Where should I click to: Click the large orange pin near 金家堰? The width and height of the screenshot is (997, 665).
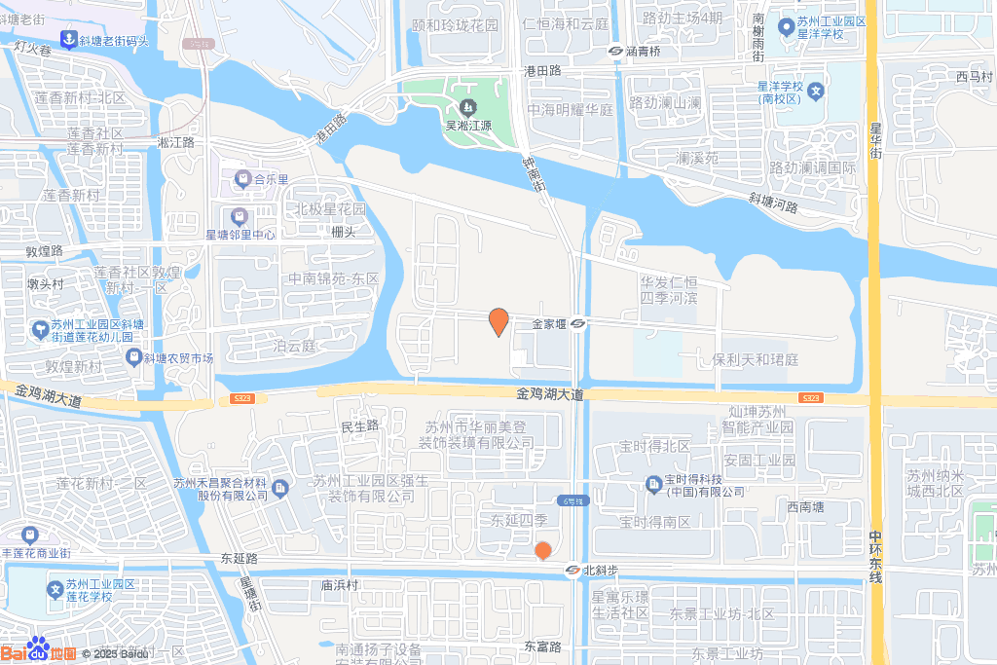[498, 320]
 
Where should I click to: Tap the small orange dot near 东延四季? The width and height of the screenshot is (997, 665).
[543, 551]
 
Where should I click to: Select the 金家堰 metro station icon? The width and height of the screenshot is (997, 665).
[578, 324]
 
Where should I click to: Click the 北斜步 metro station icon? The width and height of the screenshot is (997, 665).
[572, 572]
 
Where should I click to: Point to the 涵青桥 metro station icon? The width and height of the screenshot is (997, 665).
[616, 51]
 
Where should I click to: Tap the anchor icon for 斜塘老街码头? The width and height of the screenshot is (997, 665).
[68, 40]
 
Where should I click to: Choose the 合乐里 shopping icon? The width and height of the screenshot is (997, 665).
[242, 179]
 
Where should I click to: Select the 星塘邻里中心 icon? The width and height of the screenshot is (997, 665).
[239, 216]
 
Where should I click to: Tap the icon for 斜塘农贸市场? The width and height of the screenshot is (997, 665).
[133, 358]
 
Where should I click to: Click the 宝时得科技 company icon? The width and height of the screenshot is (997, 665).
[654, 481]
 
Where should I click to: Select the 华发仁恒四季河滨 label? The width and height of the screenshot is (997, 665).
[669, 290]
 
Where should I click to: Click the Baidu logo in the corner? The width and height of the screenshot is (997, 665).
[39, 650]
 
